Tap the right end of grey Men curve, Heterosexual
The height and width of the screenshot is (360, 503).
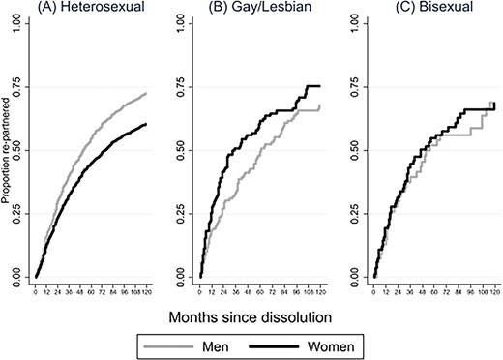tap(147, 94)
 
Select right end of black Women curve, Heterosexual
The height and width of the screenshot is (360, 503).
tap(147, 124)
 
